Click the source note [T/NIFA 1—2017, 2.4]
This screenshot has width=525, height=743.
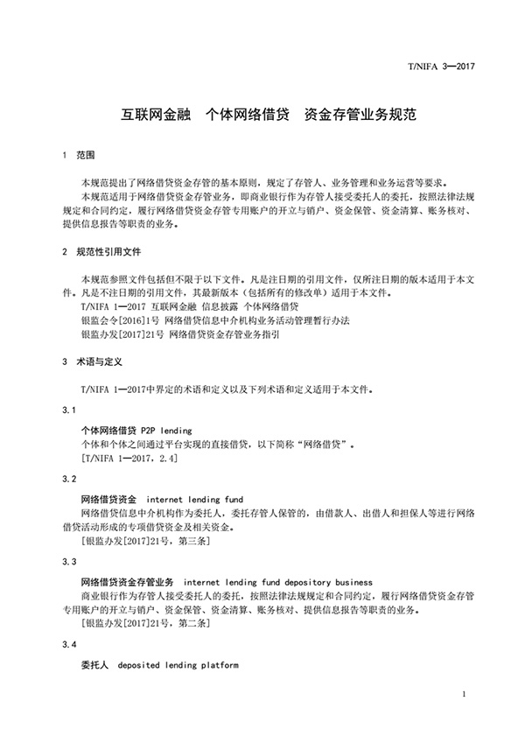129,458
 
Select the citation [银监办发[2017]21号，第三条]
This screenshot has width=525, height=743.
145,541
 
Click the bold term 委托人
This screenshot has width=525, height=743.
94,665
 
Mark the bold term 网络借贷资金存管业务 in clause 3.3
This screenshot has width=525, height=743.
128,581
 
